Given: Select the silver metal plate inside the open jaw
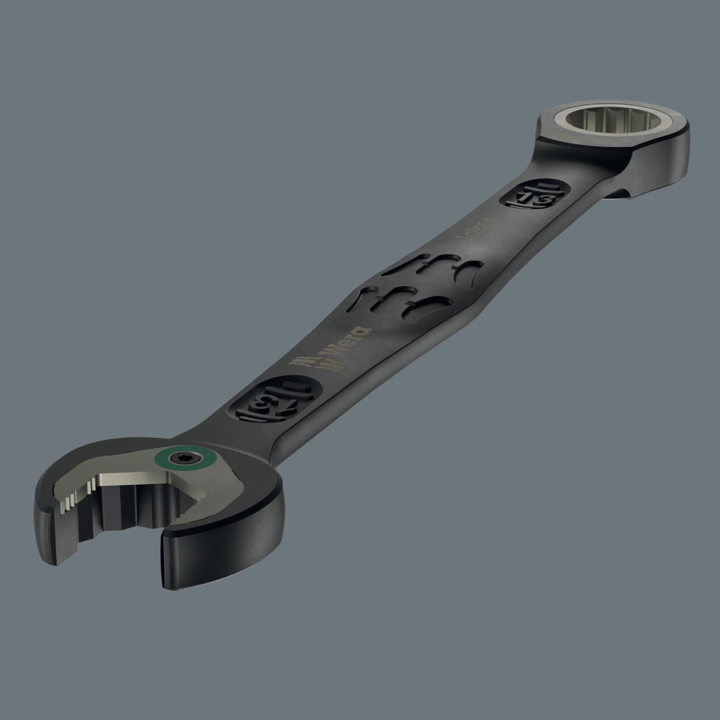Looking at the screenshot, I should click(144, 480).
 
